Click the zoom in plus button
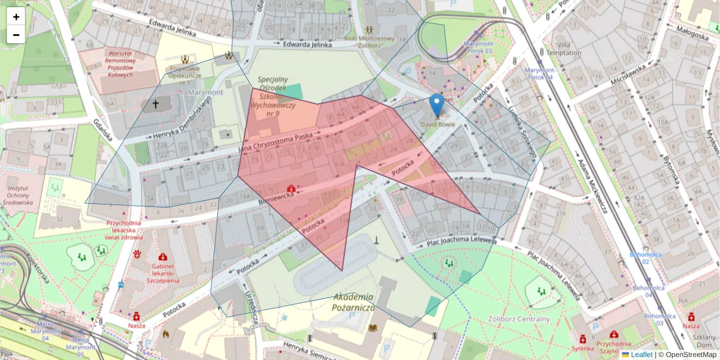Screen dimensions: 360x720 click(x=16, y=17)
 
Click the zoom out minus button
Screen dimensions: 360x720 click(x=16, y=35)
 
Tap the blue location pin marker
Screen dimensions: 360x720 click(x=437, y=105)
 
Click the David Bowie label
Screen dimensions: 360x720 click(x=437, y=124)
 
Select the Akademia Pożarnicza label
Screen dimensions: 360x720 click(x=353, y=302)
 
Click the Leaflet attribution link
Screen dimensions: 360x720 click(x=641, y=355)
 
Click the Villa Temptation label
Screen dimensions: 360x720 click(x=568, y=49)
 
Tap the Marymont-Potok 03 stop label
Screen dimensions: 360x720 click(x=478, y=47)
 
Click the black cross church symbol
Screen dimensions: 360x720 click(x=155, y=104)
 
